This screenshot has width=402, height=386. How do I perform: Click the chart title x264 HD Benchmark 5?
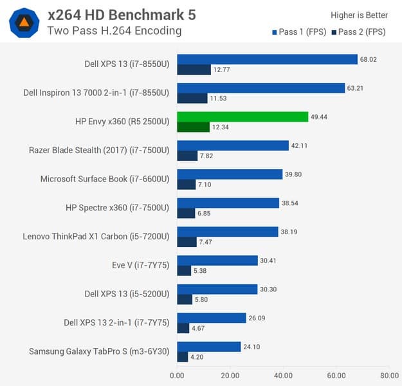point(122,14)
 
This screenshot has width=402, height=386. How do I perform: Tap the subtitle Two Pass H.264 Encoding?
point(114,30)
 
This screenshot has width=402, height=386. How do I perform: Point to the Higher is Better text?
point(358,15)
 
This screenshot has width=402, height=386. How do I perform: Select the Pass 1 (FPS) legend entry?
point(299,31)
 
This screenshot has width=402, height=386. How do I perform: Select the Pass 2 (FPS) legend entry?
point(359,31)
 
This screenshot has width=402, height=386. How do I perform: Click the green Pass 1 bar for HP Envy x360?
point(242,116)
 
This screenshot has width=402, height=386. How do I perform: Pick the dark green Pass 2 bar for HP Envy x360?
point(193,127)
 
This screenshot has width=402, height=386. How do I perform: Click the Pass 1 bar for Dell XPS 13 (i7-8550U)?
point(267,59)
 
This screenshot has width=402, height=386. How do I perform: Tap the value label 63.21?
point(355,88)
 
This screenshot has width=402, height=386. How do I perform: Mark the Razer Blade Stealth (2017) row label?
point(99,151)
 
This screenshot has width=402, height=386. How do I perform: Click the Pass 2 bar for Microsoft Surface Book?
point(186,184)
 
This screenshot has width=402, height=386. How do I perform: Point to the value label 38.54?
point(289,203)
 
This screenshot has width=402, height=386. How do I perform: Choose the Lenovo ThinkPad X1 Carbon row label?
point(96,236)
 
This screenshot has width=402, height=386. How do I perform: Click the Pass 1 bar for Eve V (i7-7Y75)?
point(217,260)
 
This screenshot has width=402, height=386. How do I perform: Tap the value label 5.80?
point(200,299)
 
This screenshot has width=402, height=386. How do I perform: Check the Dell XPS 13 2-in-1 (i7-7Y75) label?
point(116,322)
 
